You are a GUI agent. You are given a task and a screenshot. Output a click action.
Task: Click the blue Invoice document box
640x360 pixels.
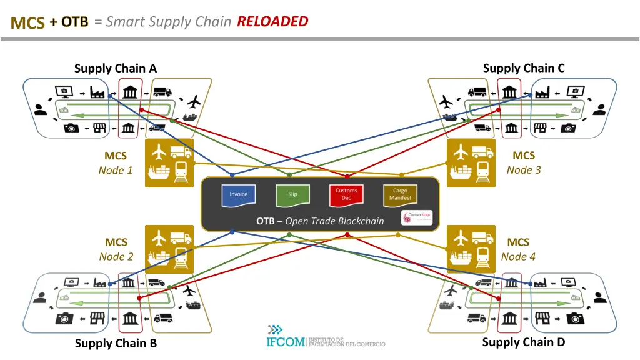[238, 194]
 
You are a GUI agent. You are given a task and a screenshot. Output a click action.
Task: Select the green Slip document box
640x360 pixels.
[292, 194]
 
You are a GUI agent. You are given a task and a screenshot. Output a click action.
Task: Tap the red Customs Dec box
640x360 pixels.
[346, 194]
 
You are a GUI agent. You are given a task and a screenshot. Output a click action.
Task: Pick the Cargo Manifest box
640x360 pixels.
[400, 194]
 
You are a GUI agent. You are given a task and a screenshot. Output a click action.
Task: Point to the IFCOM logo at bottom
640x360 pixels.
[325, 337]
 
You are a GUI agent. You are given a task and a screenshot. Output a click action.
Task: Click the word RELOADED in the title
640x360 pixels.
[272, 22]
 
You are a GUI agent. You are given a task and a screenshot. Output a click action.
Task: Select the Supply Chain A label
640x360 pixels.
[116, 69]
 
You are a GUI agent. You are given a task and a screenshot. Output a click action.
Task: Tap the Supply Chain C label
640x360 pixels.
[524, 68]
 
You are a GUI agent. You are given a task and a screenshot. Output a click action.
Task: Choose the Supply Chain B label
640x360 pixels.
[116, 343]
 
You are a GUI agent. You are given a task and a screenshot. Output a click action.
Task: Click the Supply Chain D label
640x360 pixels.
[524, 342]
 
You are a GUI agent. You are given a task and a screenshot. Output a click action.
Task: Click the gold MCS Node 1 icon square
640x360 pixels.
[169, 162]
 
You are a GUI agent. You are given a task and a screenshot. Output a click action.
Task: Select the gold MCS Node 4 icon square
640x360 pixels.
[471, 249]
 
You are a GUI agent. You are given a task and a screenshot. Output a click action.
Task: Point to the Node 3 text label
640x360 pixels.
[524, 170]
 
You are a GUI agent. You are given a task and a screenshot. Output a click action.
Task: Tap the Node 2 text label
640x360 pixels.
[116, 257]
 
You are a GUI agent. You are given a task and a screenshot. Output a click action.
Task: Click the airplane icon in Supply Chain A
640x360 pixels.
[194, 101]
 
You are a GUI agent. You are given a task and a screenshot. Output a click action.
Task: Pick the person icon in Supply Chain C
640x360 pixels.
[599, 109]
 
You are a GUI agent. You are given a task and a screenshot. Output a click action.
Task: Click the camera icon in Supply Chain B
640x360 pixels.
[64, 319]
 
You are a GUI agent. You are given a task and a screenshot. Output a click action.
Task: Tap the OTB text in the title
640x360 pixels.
[75, 22]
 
